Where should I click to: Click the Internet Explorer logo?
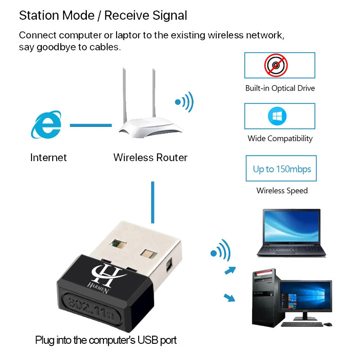[x=46, y=125]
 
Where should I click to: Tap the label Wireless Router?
[x=150, y=157]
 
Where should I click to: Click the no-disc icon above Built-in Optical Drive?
[x=275, y=65]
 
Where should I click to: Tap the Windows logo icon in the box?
[x=277, y=116]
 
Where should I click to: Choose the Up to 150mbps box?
[x=281, y=169]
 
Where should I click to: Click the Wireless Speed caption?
[x=282, y=190]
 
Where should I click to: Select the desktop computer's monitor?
[x=305, y=297]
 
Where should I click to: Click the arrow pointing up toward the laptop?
[x=230, y=270]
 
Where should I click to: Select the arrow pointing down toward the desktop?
[x=229, y=297]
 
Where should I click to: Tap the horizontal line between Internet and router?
[x=90, y=125]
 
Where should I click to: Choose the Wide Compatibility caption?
[x=280, y=139]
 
